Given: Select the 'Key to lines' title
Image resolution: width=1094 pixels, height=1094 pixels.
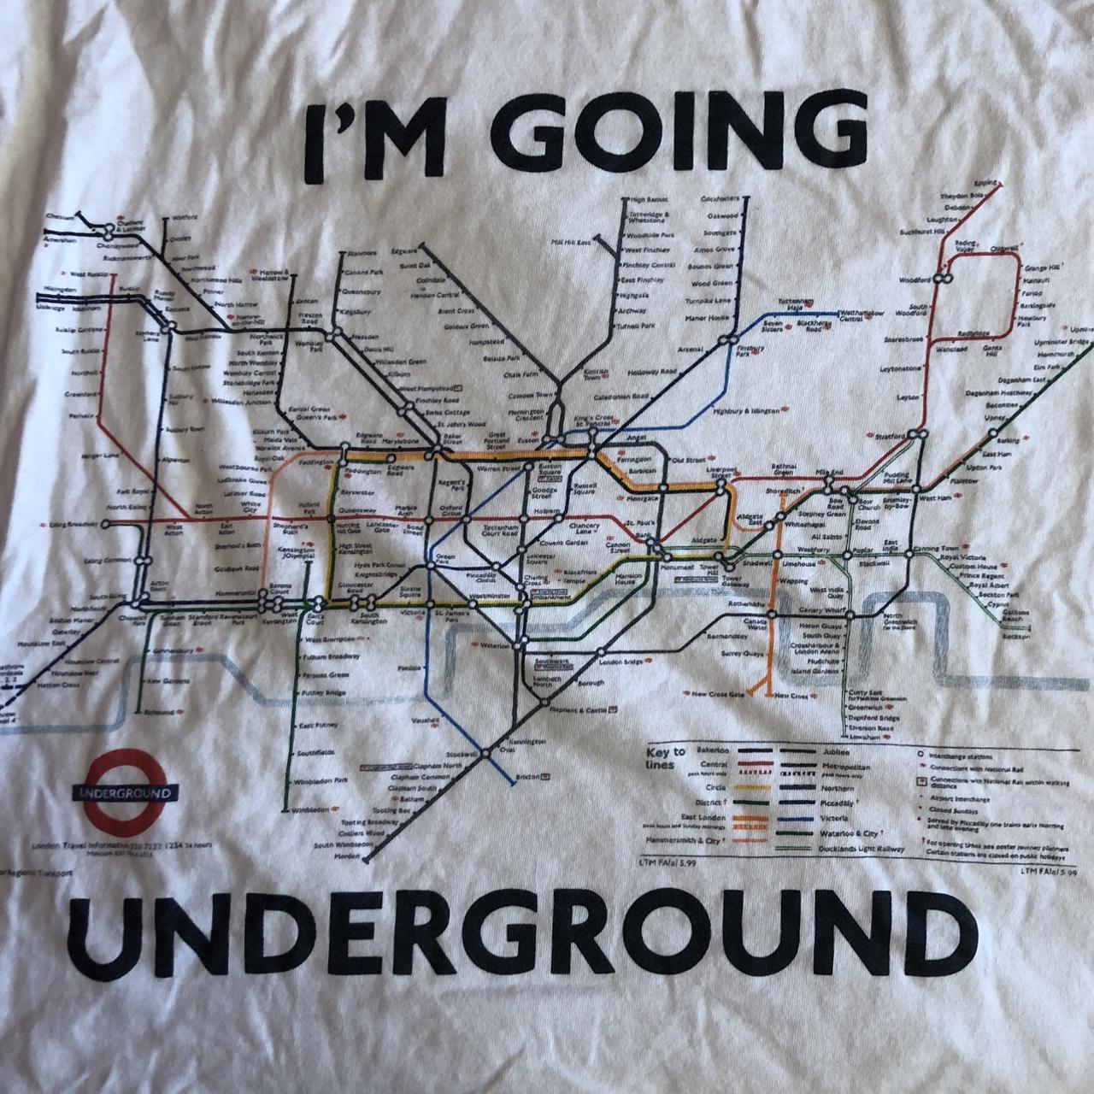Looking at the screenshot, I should (666, 757).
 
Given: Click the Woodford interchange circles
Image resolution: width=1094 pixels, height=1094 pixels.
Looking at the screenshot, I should (944, 279).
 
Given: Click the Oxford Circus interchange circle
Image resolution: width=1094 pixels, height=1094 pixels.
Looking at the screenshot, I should (467, 520).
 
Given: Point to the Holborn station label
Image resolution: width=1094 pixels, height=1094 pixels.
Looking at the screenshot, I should (546, 511).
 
